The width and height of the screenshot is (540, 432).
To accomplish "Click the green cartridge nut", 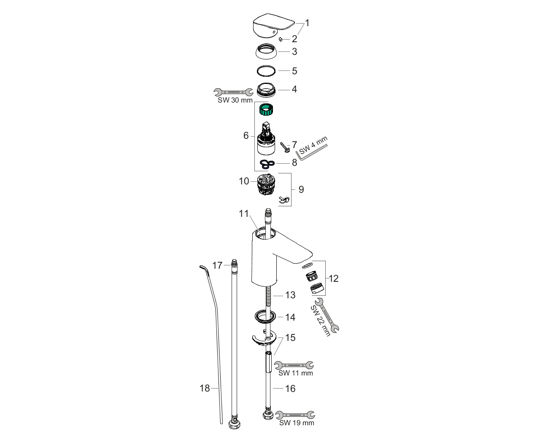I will [266, 111].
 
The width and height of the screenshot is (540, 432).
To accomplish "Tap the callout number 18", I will [205, 388].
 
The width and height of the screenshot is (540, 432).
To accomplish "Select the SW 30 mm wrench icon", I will [230, 92].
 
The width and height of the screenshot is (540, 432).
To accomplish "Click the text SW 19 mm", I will [296, 422].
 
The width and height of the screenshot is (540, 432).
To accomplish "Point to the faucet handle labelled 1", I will [270, 25].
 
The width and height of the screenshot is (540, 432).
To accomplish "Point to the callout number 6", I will [246, 135].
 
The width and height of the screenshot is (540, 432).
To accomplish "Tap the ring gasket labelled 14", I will [265, 316].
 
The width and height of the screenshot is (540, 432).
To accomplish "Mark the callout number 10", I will [244, 181].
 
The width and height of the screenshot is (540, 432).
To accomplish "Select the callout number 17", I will [217, 265].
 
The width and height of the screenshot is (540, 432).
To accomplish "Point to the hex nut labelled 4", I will [266, 90].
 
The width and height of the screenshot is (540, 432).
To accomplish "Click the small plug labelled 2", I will [280, 39].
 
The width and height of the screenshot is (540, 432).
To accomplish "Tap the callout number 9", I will [301, 189].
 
